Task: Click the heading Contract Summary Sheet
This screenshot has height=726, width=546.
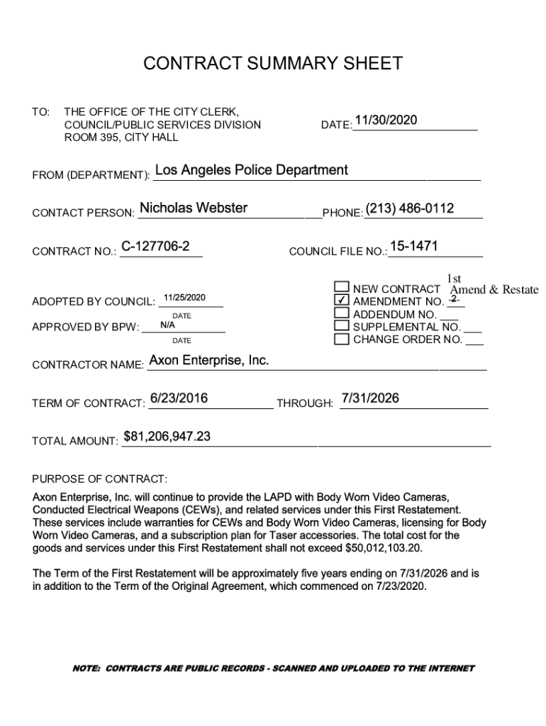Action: point(272,64)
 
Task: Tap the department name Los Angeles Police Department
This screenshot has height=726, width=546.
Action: point(251,170)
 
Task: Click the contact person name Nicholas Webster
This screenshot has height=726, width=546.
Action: point(194,208)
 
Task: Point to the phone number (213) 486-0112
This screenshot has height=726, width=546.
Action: point(410,208)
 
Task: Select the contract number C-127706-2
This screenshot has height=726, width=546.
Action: point(155,247)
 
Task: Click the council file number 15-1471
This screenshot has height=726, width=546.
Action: point(413,247)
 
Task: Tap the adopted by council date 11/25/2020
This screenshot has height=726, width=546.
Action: point(184,298)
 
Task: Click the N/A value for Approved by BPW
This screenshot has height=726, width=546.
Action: point(168,325)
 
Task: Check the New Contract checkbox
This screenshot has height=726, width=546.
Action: point(342,287)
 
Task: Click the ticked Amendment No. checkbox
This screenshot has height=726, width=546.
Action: point(342,300)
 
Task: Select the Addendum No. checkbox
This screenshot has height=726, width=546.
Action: point(342,313)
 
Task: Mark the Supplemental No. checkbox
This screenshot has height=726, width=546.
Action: point(342,325)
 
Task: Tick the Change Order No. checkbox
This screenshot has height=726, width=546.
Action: point(342,338)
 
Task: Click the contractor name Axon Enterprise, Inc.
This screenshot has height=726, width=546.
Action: point(209,361)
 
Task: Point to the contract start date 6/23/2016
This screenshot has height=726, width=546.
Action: point(179,398)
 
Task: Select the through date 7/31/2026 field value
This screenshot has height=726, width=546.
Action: point(370,398)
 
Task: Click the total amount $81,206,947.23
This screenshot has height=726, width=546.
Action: point(167,437)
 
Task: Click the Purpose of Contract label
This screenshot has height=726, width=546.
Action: point(100,479)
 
